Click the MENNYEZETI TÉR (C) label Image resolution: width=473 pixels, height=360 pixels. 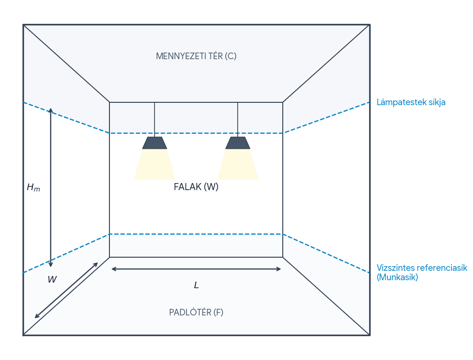tap(196, 56)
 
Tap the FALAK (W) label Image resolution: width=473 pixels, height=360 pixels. tap(196, 187)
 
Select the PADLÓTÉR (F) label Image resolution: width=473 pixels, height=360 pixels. tap(196, 313)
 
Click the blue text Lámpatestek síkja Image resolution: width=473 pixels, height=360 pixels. tap(411, 102)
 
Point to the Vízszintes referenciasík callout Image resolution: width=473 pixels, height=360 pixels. tap(422, 268)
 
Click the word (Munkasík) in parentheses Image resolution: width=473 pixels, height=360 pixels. tap(397, 277)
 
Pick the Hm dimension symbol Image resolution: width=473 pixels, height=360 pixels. tap(33, 188)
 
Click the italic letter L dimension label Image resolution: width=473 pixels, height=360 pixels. tap(196, 285)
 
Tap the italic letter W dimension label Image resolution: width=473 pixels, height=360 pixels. tap(52, 279)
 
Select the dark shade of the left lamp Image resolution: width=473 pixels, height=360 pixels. tap(155, 143)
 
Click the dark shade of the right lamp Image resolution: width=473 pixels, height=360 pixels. tap(238, 143)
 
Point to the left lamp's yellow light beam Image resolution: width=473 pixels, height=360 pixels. tap(155, 164)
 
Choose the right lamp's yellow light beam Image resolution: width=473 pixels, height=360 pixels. tap(238, 164)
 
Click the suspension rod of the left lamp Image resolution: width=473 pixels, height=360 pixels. tap(155, 120)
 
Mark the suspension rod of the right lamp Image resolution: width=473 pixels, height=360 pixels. tap(238, 120)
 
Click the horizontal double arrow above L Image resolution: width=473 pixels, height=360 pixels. tap(196, 269)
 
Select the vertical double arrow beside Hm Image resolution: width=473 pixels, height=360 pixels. tap(51, 188)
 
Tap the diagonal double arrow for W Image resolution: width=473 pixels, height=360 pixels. tap(66, 291)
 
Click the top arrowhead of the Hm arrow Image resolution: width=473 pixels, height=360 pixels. tap(51, 110)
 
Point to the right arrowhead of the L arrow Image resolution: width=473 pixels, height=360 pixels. tap(279, 269)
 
